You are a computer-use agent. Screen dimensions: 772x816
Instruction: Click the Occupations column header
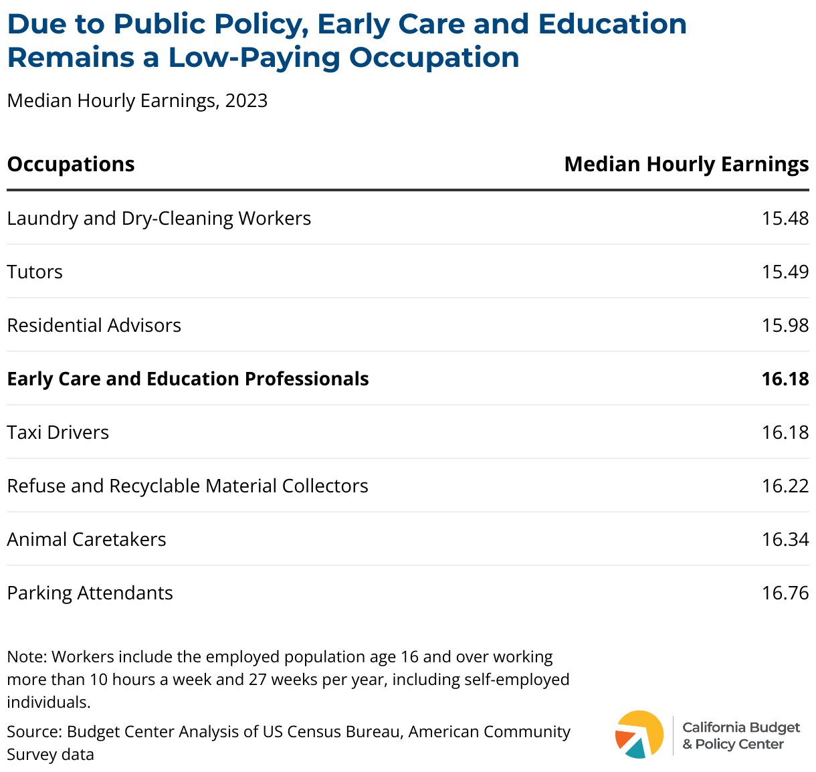pos(71,165)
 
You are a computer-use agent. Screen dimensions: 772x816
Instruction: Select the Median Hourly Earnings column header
pos(686,165)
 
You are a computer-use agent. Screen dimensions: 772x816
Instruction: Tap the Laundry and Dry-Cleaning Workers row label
pos(159,219)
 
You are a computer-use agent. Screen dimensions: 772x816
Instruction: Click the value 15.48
pos(785,219)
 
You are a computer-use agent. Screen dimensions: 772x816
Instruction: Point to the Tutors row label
pos(35,272)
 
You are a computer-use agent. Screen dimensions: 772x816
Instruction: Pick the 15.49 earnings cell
pos(785,272)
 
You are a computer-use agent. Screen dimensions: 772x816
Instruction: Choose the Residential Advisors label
pos(94,326)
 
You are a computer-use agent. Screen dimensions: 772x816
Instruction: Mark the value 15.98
pos(785,326)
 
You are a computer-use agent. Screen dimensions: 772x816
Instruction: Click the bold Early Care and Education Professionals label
pos(188,379)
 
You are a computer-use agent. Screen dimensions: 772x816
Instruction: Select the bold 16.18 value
pos(785,379)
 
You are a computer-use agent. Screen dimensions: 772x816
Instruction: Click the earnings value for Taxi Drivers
pos(785,433)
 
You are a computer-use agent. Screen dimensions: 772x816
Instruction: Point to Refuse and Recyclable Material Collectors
pos(188,486)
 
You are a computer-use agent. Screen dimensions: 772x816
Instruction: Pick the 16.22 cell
pos(785,486)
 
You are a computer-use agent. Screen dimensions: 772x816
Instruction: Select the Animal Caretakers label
pos(87,540)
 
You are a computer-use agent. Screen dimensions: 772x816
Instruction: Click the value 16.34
pos(785,540)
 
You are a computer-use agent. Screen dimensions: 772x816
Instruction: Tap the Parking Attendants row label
pos(90,593)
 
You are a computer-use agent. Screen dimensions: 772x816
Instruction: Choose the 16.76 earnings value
pos(785,593)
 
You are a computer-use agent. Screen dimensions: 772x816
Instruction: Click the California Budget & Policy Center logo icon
pos(639,735)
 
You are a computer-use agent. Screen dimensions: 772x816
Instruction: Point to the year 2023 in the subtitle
pos(246,101)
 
